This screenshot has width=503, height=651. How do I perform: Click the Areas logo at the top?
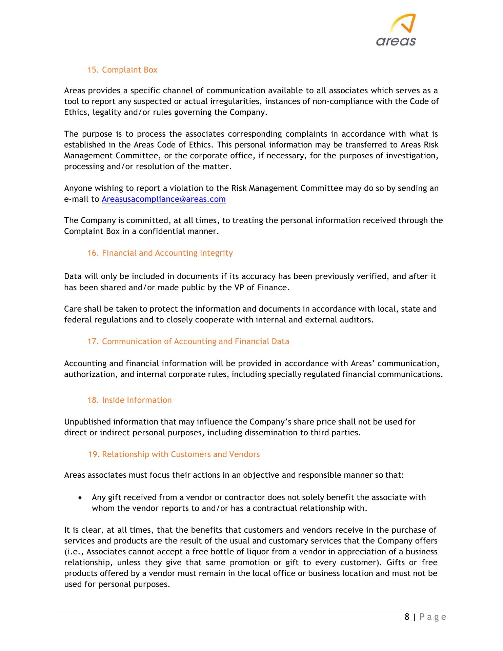(397, 30)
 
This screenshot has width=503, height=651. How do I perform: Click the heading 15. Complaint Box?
(122, 70)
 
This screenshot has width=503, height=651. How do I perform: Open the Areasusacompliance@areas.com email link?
(164, 199)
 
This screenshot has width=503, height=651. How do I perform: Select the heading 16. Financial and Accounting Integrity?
(160, 253)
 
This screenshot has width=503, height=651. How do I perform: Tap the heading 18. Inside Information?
(129, 400)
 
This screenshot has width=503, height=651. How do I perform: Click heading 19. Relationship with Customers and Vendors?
(174, 454)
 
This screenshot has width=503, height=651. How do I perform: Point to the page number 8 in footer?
(407, 617)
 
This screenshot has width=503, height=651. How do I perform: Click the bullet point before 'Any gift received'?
(80, 498)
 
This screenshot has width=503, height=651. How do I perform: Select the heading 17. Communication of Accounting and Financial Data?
(188, 341)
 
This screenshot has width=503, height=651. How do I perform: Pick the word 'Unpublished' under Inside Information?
(87, 422)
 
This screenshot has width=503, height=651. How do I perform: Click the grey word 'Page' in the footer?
(433, 617)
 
